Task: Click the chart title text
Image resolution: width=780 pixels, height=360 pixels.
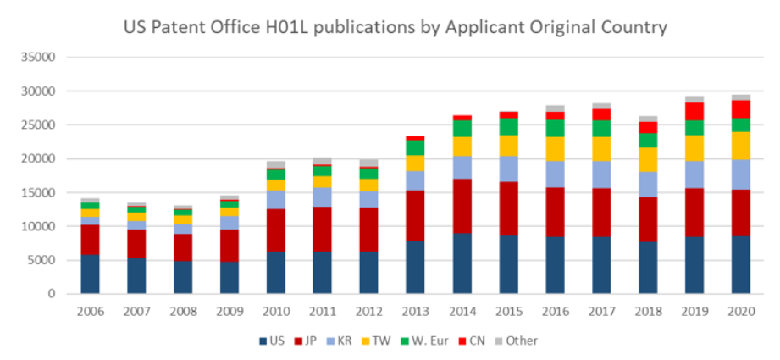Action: (x=395, y=27)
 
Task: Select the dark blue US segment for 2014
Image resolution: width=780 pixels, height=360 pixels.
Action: (x=461, y=263)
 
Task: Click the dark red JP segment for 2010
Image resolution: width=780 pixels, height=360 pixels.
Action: (x=276, y=230)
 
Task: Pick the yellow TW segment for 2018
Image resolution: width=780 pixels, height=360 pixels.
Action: (x=648, y=159)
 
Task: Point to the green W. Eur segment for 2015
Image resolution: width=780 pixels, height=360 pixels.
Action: (x=508, y=126)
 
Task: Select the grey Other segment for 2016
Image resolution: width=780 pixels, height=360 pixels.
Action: (x=555, y=108)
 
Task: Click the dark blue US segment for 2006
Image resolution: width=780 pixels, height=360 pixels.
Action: (x=91, y=274)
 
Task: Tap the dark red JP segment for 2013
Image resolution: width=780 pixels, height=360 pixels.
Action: (x=415, y=215)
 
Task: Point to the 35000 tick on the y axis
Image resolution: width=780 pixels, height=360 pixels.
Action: (x=37, y=58)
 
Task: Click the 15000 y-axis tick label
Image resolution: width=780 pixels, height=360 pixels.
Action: (x=37, y=192)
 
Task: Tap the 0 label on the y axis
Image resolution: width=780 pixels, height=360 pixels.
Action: (x=50, y=294)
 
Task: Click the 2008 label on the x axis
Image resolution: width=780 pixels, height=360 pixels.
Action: (x=184, y=311)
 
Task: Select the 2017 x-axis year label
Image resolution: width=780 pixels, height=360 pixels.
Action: (x=601, y=311)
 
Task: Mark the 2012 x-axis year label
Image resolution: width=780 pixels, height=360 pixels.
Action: (x=369, y=311)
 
